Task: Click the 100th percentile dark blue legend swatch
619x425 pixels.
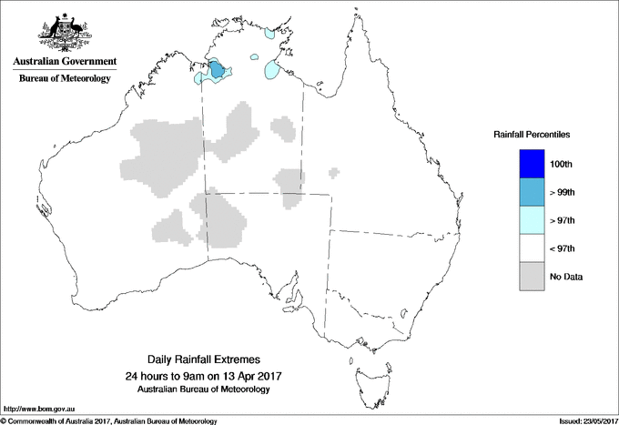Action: [533, 163]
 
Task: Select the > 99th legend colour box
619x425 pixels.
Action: [533, 192]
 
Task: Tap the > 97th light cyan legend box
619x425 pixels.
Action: [533, 220]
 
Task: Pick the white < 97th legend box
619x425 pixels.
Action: [533, 248]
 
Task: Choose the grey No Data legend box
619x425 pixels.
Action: [533, 276]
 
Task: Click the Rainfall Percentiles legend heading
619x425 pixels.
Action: [532, 134]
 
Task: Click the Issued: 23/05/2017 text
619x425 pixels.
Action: [582, 420]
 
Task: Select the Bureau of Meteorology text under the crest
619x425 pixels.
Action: [65, 79]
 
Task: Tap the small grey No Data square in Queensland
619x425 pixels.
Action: [335, 170]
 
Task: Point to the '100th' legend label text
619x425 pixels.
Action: [562, 164]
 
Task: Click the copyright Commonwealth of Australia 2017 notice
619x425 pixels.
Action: [109, 420]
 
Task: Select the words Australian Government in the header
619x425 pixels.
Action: [65, 62]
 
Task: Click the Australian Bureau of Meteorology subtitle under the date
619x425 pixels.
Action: [203, 390]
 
